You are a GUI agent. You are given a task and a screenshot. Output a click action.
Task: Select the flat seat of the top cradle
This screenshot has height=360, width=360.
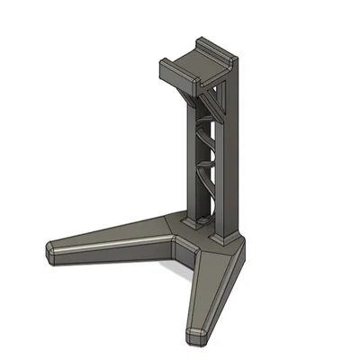(193, 65)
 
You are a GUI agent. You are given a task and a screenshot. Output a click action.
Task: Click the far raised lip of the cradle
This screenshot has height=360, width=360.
(216, 47)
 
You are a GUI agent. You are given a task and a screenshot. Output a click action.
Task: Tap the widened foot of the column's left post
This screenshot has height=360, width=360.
(190, 219)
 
